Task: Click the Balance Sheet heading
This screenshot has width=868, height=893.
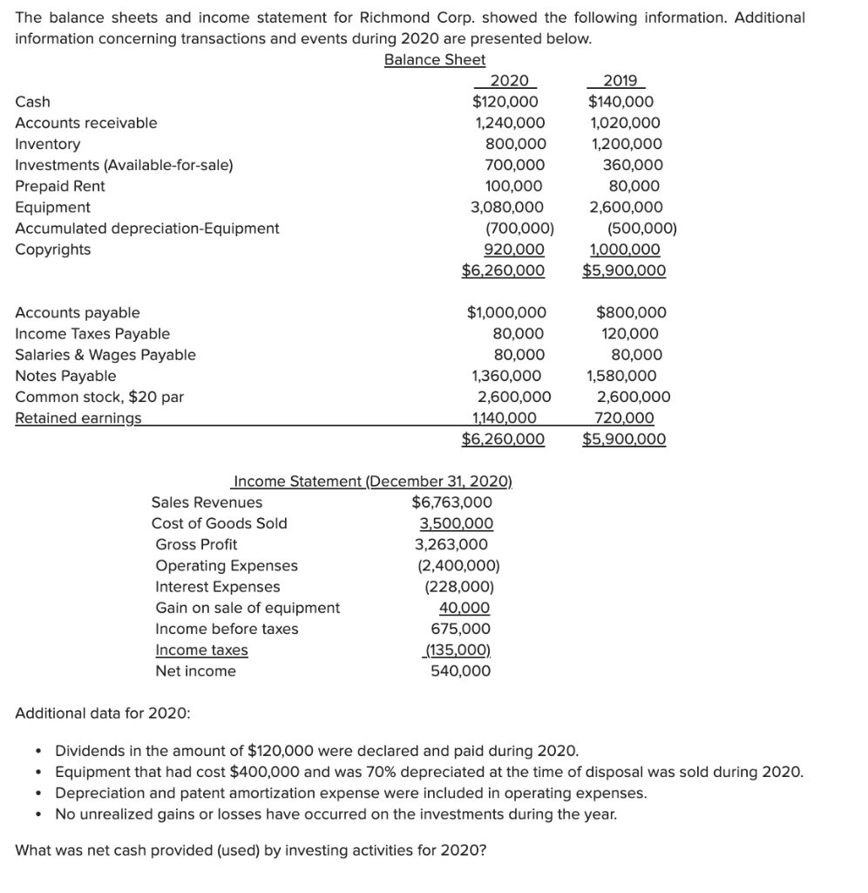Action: tap(435, 59)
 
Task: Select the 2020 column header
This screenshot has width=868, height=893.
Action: tap(509, 80)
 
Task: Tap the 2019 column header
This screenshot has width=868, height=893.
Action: tap(619, 80)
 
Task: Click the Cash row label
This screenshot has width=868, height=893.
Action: tap(33, 102)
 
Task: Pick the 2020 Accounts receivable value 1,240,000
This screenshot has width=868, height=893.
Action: tap(509, 123)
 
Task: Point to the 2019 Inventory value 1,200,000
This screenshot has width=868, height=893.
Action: tap(625, 144)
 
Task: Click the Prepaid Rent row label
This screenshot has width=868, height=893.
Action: tap(60, 186)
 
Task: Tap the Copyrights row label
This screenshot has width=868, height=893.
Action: tap(53, 249)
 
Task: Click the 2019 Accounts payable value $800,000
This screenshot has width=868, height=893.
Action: tap(631, 312)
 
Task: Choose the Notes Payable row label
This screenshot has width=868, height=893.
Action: tap(65, 376)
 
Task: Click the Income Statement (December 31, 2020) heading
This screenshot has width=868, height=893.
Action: tap(373, 481)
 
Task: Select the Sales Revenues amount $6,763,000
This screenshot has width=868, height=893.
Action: tap(451, 502)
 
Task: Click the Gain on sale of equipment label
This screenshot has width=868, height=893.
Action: tap(248, 608)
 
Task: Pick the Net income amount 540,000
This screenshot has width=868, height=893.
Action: tap(460, 671)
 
